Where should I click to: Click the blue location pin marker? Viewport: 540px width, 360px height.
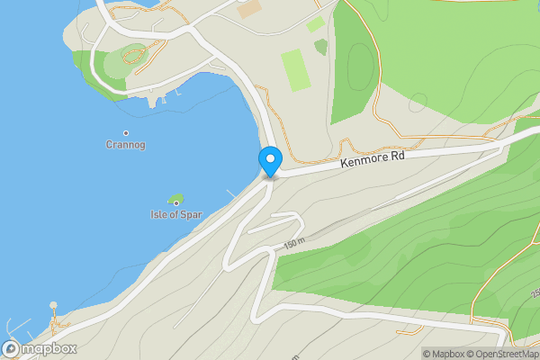(x=270, y=161)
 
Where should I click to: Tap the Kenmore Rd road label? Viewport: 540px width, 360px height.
(x=373, y=159)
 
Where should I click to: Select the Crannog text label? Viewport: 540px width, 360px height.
(x=125, y=145)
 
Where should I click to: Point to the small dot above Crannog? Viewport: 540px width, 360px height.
(x=125, y=133)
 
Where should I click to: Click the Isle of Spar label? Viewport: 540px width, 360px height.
(x=175, y=215)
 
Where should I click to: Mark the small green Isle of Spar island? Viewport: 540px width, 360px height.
(x=175, y=199)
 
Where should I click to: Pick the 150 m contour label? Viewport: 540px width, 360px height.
(x=294, y=244)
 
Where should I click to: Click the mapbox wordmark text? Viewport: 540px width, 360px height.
(x=49, y=348)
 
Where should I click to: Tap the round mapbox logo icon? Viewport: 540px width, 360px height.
(x=12, y=348)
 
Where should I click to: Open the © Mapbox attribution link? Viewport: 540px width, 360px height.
(x=444, y=354)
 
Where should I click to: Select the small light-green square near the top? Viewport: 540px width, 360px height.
(x=315, y=24)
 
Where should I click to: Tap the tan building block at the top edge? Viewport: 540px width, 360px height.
(x=249, y=9)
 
